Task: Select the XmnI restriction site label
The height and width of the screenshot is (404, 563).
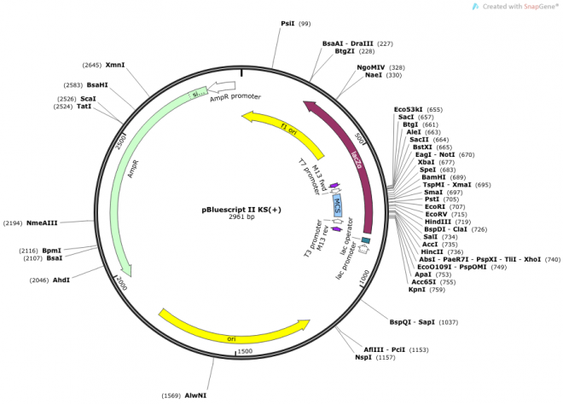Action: click(115, 65)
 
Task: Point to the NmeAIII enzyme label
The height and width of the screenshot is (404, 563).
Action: click(42, 223)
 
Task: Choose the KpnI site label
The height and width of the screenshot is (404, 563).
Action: click(416, 290)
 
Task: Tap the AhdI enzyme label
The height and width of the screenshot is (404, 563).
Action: click(62, 280)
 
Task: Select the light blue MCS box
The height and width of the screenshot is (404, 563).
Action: click(338, 203)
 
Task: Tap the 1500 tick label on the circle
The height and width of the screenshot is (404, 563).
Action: click(245, 351)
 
